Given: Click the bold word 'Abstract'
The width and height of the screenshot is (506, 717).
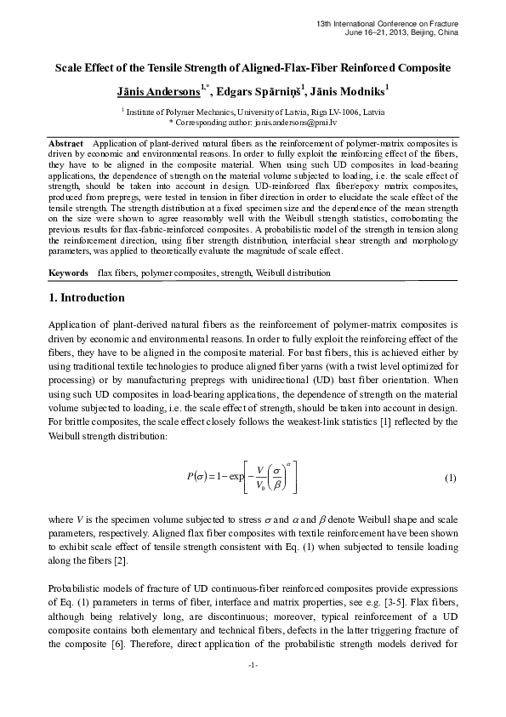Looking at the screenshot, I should click(x=65, y=144).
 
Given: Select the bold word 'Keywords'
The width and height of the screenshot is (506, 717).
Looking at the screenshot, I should click(x=68, y=272).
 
